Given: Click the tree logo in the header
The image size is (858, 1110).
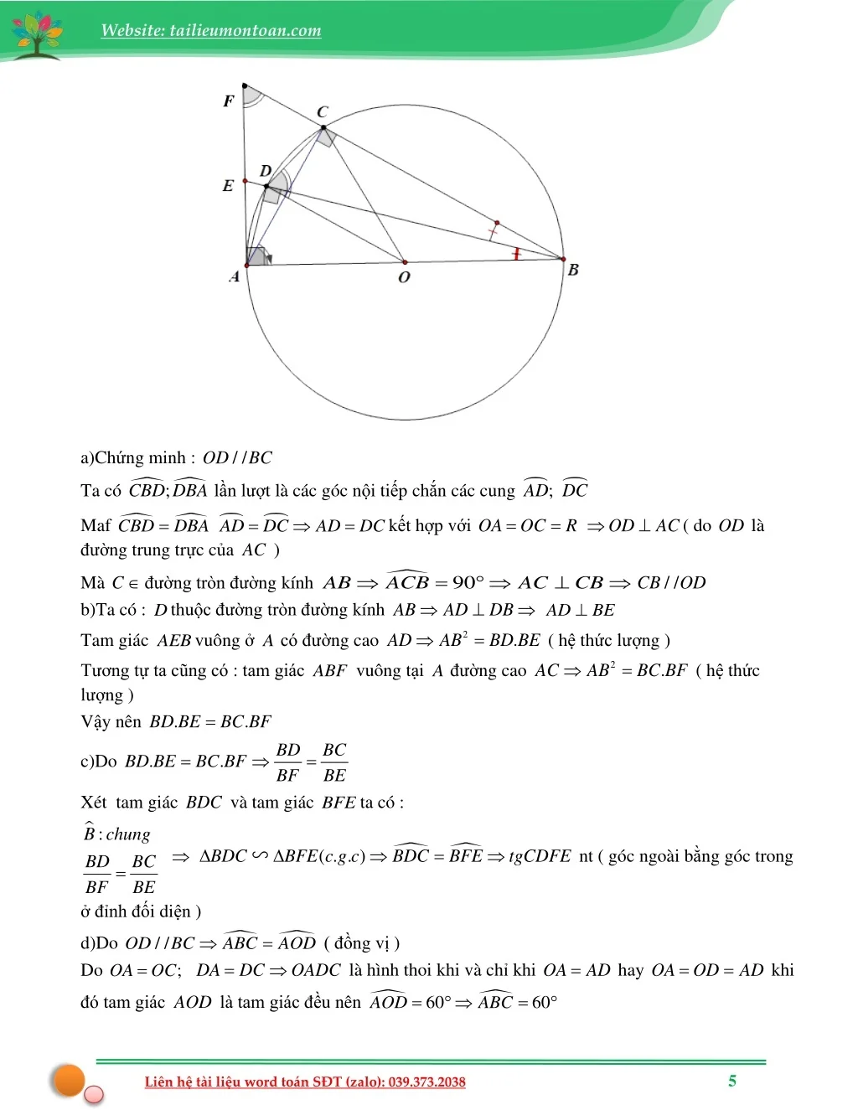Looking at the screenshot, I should [x=37, y=34].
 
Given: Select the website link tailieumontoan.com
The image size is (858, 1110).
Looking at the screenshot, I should [x=210, y=31].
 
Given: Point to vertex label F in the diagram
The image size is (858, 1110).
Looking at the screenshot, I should [x=228, y=101].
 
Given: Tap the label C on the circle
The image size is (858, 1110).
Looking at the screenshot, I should [x=323, y=111].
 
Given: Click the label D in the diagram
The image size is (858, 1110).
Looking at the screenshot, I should [x=266, y=171].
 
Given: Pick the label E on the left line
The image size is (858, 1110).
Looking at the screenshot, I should [x=228, y=186].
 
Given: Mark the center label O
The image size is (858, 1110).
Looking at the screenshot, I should [x=405, y=277].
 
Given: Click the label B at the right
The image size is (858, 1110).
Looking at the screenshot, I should [x=573, y=270].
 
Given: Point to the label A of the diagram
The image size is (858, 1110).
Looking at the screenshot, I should [x=235, y=277].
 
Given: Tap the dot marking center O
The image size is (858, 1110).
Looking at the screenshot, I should [x=405, y=262].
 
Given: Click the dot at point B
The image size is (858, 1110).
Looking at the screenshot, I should [x=563, y=260].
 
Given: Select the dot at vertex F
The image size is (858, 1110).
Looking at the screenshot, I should [x=245, y=85].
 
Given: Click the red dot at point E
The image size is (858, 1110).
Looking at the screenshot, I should [x=245, y=181].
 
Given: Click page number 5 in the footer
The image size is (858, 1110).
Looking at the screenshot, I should [x=732, y=1081].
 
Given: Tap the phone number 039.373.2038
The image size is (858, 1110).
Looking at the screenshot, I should [x=426, y=1082].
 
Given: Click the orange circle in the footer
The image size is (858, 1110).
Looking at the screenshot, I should [x=69, y=1080].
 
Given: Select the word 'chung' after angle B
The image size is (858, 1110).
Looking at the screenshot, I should [x=128, y=834].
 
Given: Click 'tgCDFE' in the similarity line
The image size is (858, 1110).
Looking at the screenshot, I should [x=540, y=856].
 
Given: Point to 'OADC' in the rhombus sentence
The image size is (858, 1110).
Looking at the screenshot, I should [x=316, y=970].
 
